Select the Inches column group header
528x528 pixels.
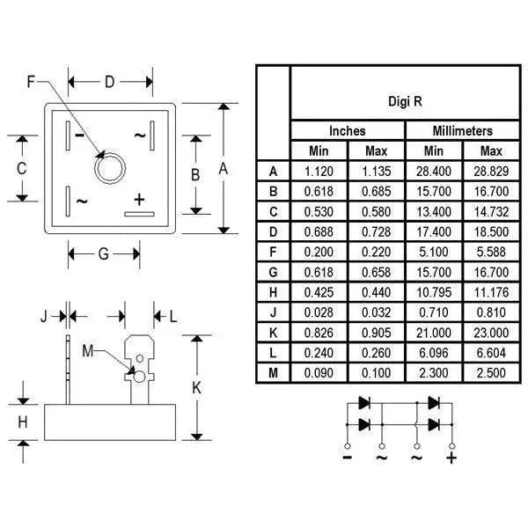coord(348,131)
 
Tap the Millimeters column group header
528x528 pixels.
coord(464,131)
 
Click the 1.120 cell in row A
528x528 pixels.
coord(319,171)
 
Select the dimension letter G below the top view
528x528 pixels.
coord(103,254)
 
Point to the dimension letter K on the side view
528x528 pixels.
coord(197,387)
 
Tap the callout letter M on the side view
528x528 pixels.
coord(86,350)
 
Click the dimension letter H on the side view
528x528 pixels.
coord(23,422)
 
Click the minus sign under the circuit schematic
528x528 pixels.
coord(348,458)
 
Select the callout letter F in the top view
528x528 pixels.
coord(32,84)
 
